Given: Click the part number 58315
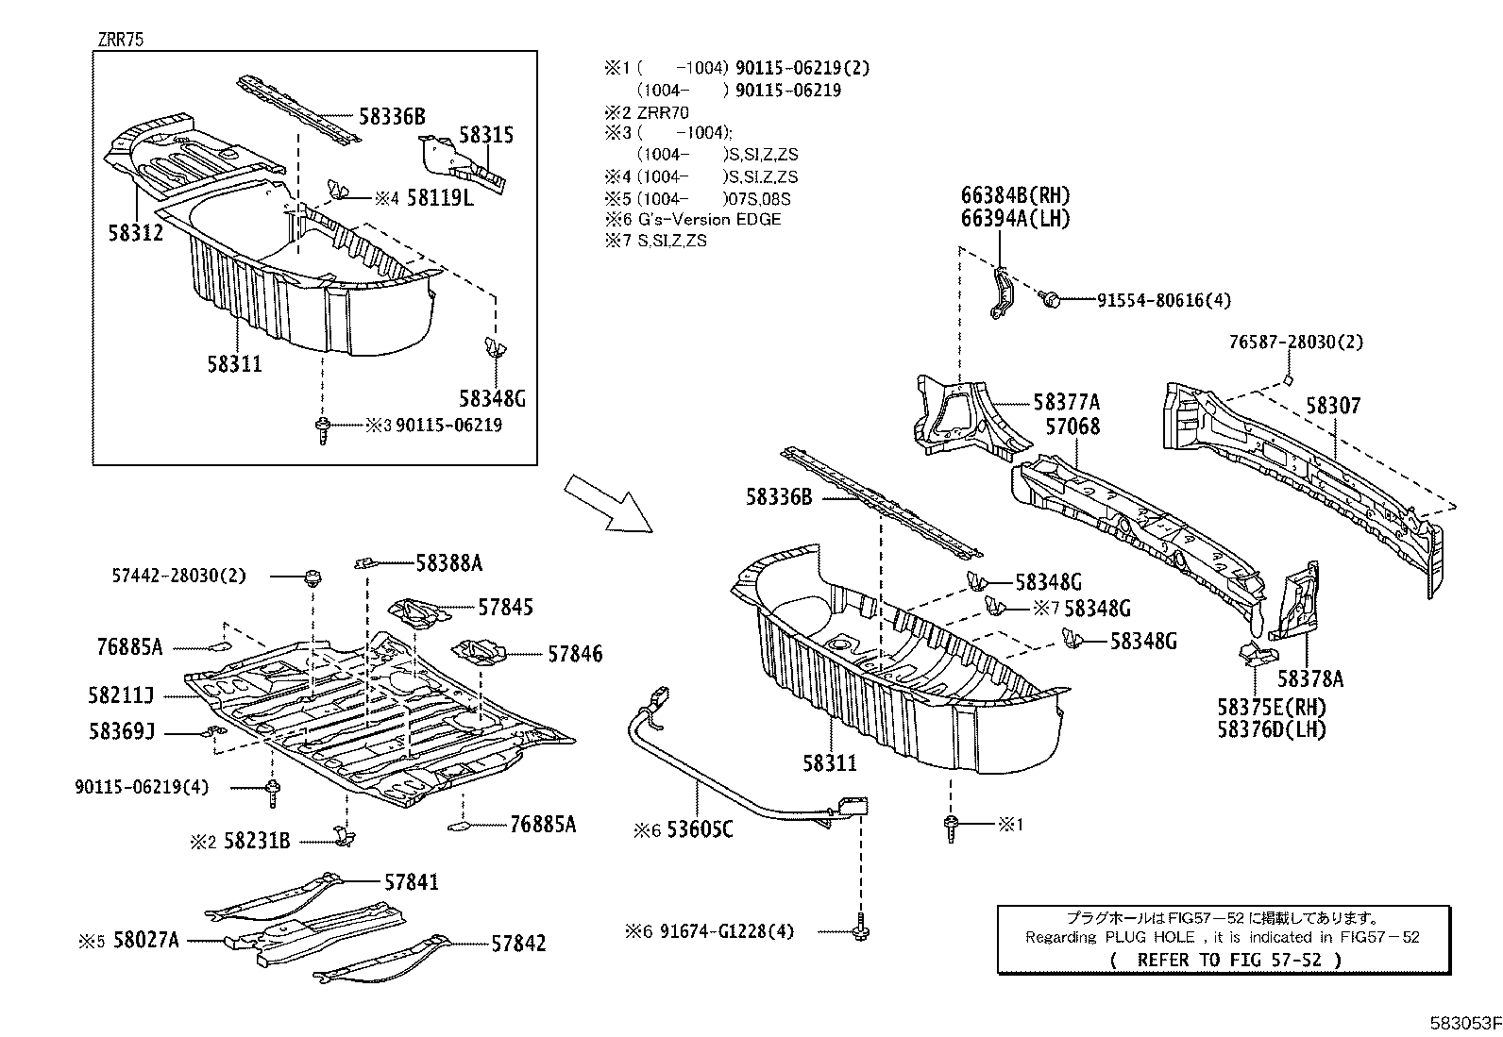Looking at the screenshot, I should point(486,135).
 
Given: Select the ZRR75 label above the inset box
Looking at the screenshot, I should point(119,40).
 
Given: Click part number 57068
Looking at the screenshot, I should point(1072,427).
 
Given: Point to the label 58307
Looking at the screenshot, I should point(1333,406).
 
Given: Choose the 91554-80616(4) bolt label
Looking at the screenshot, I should point(1163,300).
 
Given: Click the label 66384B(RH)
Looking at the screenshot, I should point(1016,196).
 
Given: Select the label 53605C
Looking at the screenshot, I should point(700,829).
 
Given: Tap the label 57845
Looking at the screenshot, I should point(505,607).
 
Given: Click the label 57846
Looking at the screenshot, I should point(574,654).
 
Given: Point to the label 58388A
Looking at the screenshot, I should point(448,563).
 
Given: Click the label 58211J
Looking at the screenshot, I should point(121,695).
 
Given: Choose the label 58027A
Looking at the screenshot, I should point(145,941).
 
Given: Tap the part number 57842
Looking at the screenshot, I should point(518,943).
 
